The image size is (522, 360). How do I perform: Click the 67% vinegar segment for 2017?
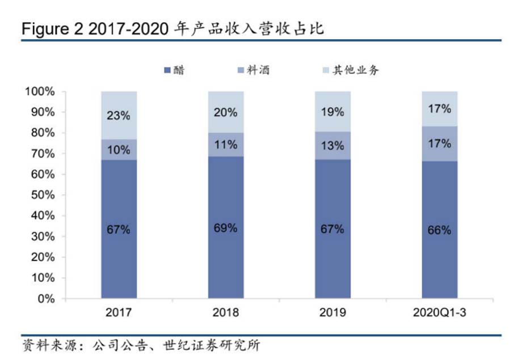tap(119, 229)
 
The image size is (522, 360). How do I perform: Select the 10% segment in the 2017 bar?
tap(119, 150)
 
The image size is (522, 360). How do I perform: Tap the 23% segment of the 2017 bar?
tap(119, 115)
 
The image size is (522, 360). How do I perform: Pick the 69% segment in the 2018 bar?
tap(226, 227)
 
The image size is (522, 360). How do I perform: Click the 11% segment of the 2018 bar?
tap(226, 145)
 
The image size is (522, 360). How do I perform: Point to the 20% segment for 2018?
tap(226, 112)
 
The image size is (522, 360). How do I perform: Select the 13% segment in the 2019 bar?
tap(333, 146)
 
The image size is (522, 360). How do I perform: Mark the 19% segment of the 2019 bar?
tap(333, 112)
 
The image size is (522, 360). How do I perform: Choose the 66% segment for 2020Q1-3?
tap(440, 230)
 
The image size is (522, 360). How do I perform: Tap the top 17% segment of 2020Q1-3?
tap(440, 108)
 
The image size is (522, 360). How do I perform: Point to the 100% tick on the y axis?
tap(39, 91)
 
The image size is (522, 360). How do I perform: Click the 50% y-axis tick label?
tap(42, 195)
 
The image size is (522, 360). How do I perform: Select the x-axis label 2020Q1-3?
tap(440, 312)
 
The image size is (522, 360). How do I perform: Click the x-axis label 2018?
tap(226, 312)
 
